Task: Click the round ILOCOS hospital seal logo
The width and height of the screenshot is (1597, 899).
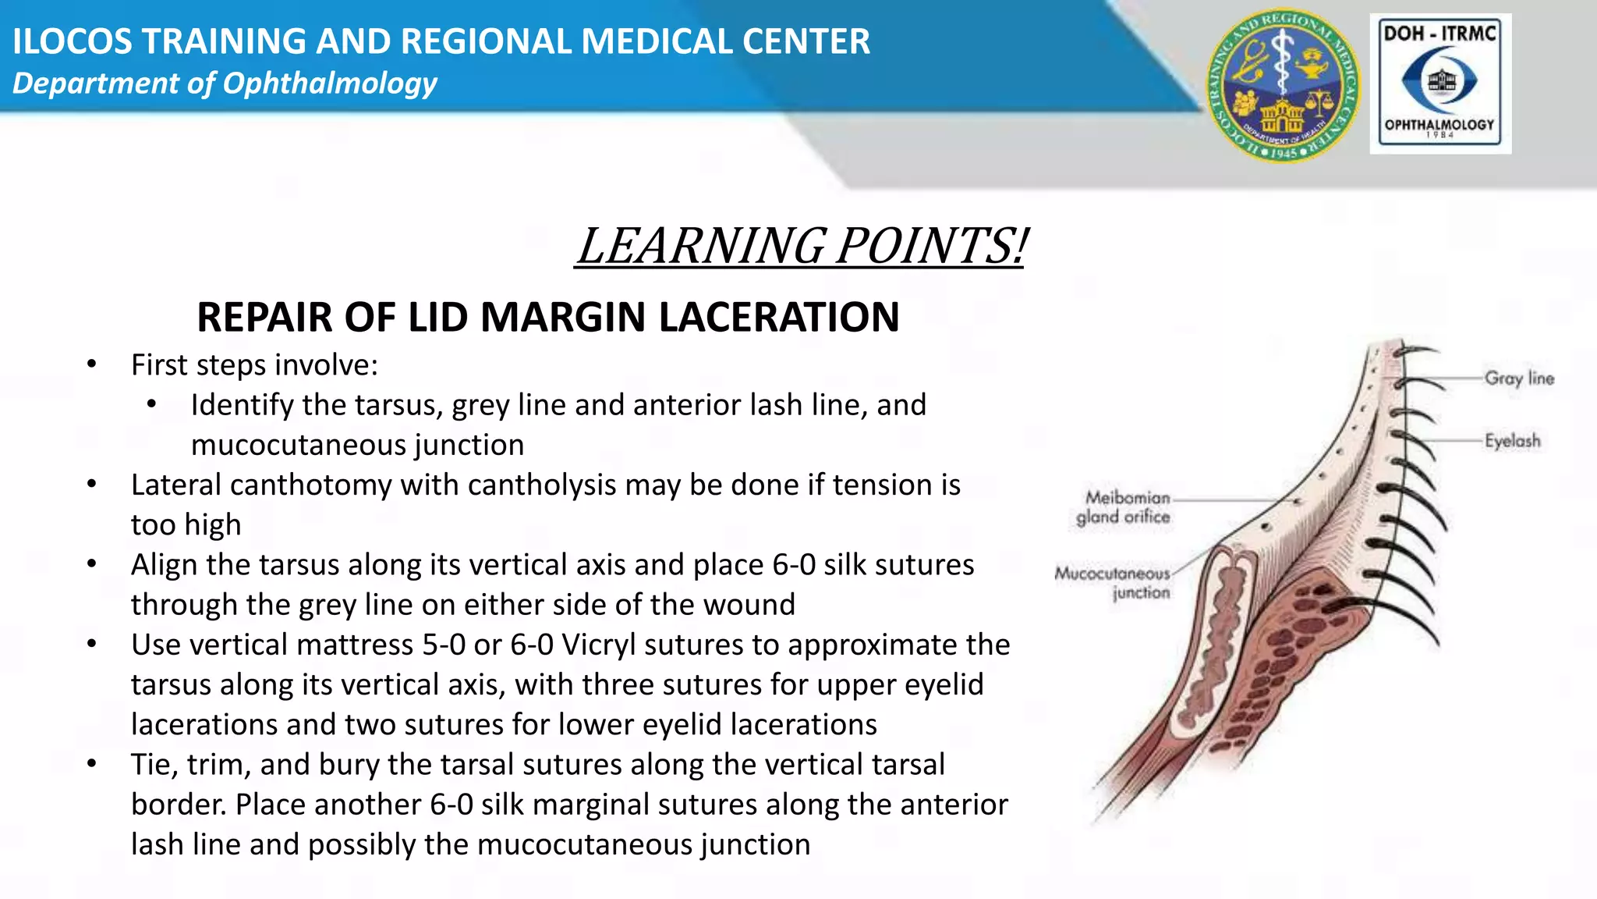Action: point(1283,86)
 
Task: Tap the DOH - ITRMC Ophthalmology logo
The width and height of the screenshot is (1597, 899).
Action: point(1439,84)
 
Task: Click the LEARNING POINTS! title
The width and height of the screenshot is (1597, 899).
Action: point(801,246)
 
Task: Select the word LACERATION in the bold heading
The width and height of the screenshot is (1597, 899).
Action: point(779,317)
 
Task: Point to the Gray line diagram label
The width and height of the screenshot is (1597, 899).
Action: point(1518,378)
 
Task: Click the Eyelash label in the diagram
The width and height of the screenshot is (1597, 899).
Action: point(1512,441)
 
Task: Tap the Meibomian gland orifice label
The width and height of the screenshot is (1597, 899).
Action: point(1124,507)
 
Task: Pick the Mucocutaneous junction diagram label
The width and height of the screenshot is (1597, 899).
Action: point(1113,583)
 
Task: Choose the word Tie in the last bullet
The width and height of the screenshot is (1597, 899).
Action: point(151,765)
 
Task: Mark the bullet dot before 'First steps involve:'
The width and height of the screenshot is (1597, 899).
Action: point(92,364)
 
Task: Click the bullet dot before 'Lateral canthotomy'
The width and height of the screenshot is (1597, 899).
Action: point(92,485)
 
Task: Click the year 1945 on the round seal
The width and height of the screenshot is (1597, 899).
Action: point(1283,152)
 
